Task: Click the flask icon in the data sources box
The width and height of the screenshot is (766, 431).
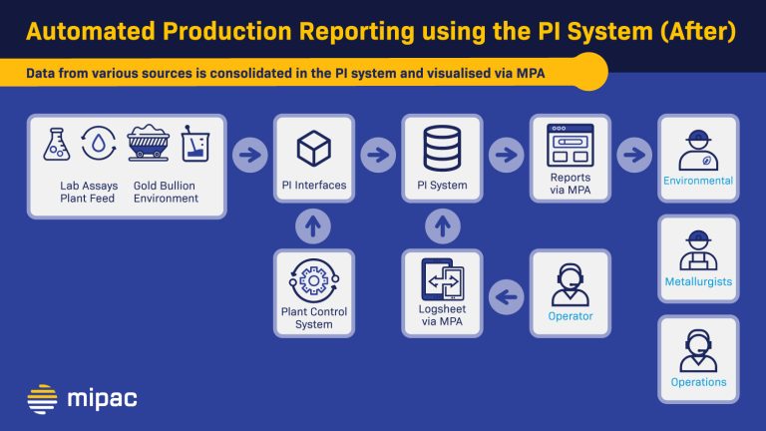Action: (57, 145)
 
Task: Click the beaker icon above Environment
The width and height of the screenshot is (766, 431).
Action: (195, 145)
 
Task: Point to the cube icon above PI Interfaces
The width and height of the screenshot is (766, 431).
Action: (314, 150)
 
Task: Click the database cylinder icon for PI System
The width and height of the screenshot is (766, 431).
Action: (442, 149)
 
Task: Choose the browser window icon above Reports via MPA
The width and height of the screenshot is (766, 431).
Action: (571, 146)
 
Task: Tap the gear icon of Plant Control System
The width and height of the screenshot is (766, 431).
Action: (314, 281)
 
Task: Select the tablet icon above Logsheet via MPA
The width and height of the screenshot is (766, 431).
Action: (442, 280)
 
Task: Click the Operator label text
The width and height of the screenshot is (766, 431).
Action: (571, 316)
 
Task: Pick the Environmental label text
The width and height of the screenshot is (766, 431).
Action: (698, 182)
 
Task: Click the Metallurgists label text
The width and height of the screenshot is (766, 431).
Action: (698, 281)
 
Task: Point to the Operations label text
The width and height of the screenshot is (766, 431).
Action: (698, 382)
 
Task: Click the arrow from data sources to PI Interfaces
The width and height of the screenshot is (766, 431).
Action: (250, 155)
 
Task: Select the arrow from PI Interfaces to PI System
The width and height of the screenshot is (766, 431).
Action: (378, 155)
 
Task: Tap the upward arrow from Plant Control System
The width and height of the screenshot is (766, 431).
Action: (314, 226)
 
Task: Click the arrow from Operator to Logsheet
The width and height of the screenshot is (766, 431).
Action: (507, 294)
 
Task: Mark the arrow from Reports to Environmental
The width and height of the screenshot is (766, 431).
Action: (633, 155)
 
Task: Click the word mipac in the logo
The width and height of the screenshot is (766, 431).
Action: (102, 399)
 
